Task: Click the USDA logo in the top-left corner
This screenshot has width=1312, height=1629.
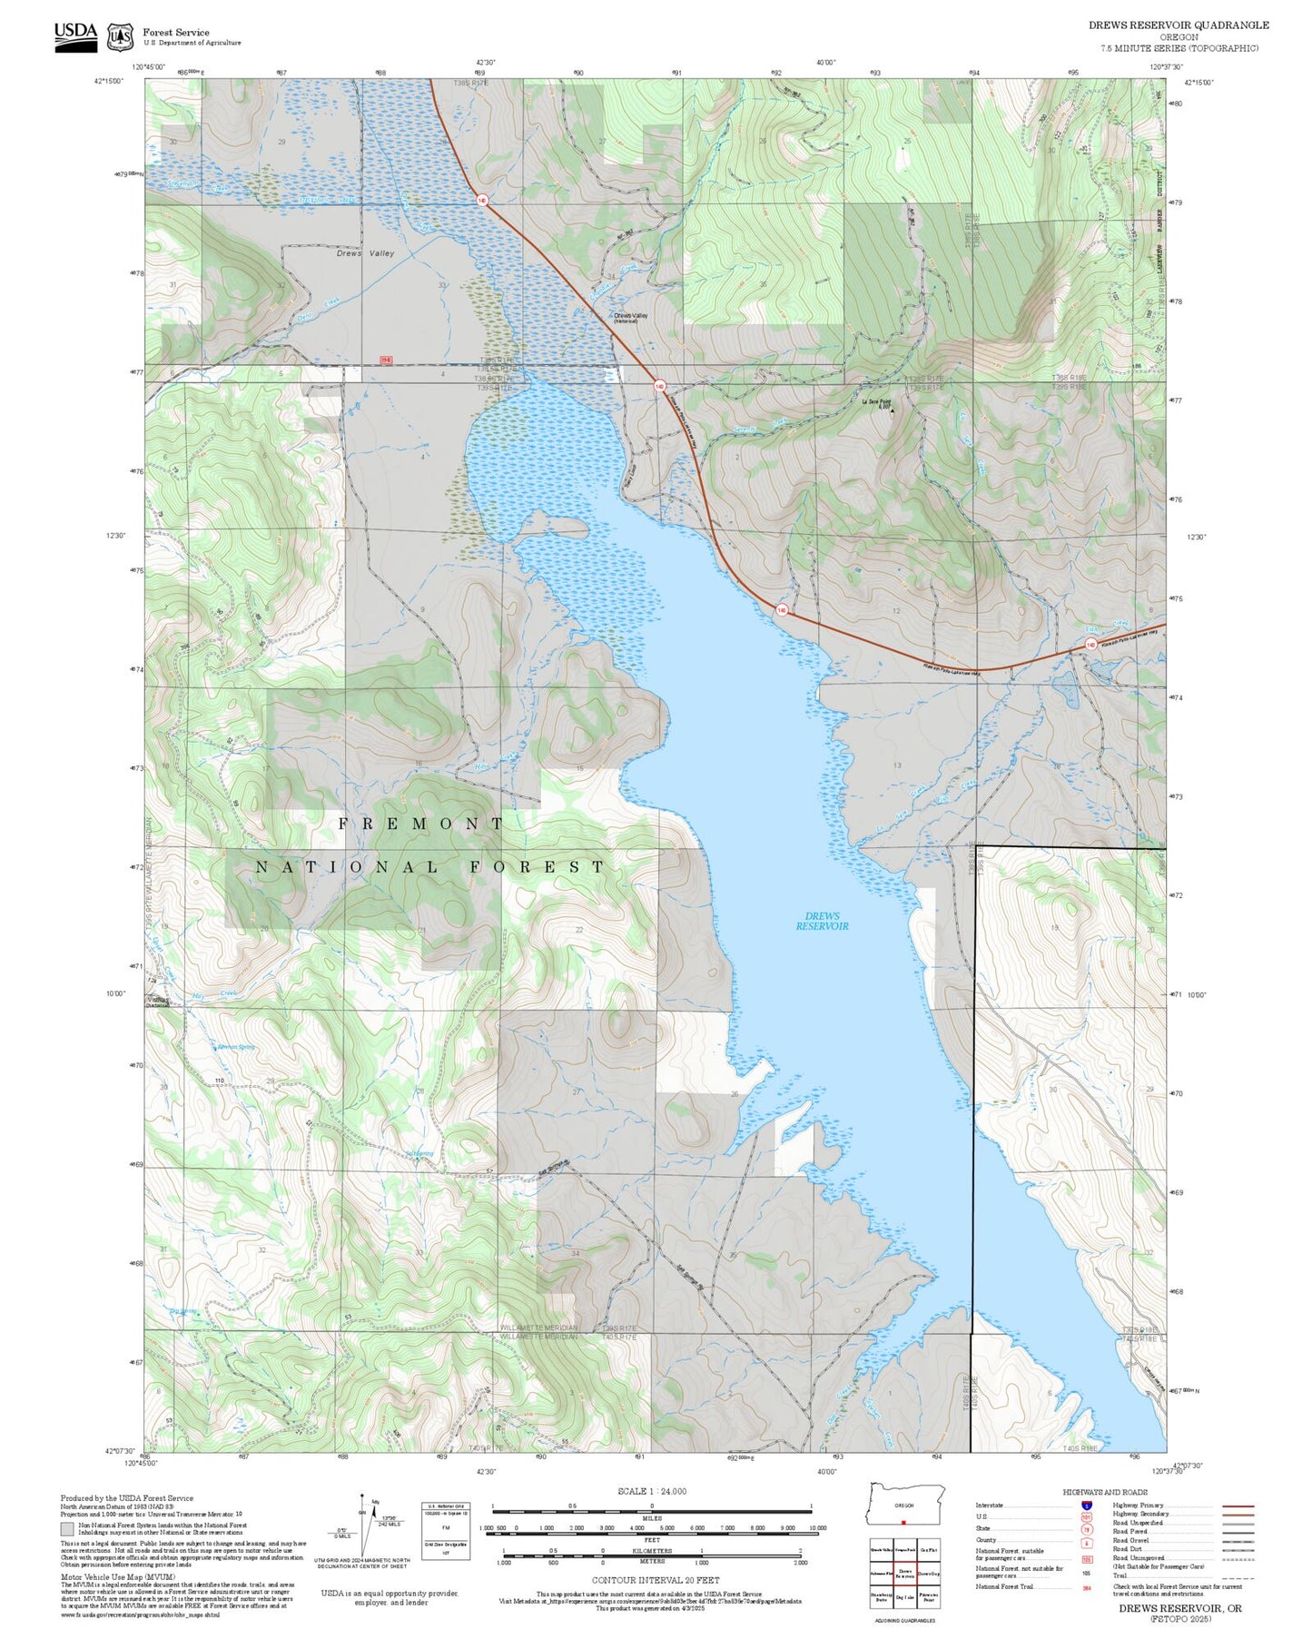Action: pos(75,36)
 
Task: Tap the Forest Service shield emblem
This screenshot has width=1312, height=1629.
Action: pos(120,37)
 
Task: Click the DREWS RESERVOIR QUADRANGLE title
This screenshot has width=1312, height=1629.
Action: pos(1179,25)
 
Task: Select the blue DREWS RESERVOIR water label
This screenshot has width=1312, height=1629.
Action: pos(822,921)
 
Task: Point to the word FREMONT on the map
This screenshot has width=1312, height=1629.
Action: pos(421,824)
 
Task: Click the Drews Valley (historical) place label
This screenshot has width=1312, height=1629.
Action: pos(630,317)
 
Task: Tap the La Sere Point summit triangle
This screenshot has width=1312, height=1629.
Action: pos(892,410)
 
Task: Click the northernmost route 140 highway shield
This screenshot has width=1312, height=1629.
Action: pos(481,200)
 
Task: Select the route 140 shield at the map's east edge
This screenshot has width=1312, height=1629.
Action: pos(1090,645)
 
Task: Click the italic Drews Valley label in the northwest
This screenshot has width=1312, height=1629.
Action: pos(365,253)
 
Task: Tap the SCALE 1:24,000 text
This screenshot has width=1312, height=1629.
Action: pos(651,1491)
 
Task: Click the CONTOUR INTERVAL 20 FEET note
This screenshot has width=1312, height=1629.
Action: pos(655,1580)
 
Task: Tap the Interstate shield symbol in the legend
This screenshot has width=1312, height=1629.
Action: pos(1087,1505)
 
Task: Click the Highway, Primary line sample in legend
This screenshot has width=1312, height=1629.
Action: pos(1238,1506)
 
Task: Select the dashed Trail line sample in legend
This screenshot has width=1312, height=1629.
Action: pos(1238,1577)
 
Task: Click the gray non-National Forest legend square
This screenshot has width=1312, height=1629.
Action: pos(67,1529)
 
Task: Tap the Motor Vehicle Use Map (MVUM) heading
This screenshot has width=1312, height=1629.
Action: pos(117,1577)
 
